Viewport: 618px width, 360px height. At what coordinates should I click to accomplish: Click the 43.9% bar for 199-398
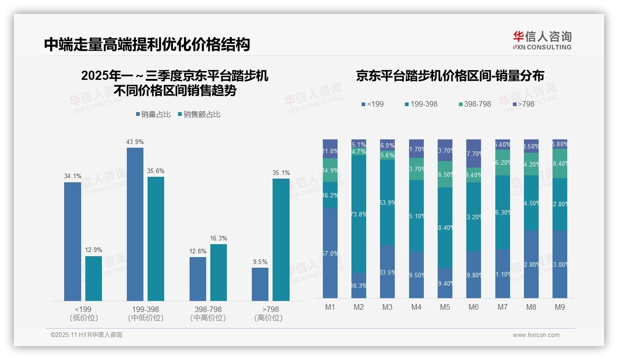pos(135,224)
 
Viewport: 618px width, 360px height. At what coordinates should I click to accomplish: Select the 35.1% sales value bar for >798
pos(281,240)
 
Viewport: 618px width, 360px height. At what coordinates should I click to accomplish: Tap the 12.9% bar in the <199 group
pos(94,278)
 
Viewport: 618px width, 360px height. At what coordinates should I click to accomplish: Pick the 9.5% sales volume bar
pos(260,284)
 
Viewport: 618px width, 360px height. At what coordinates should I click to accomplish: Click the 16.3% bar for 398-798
pos(219,272)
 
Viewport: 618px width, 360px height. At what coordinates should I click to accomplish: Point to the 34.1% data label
pos(72,176)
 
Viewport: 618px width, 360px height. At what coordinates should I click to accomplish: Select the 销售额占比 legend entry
pos(199,114)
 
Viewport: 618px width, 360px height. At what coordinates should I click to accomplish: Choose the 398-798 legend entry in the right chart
pos(475,104)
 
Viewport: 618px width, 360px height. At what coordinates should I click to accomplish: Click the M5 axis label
pos(445,307)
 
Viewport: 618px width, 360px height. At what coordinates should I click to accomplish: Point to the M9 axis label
pos(559,307)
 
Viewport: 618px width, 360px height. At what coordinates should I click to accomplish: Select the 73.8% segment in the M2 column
pos(359,214)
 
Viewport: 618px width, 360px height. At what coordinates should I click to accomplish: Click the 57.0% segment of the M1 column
pos(330,253)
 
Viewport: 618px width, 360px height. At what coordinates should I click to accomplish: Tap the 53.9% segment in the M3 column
pos(387,202)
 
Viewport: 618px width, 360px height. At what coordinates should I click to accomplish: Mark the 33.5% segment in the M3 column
pos(387,271)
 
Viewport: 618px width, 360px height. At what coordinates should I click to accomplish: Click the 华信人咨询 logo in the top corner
pos(542,40)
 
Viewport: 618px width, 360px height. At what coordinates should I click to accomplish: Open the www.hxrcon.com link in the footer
pos(536,335)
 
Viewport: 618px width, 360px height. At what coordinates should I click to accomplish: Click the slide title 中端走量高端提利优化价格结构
pos(147,44)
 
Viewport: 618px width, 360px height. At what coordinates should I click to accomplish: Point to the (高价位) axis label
pos(268,318)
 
